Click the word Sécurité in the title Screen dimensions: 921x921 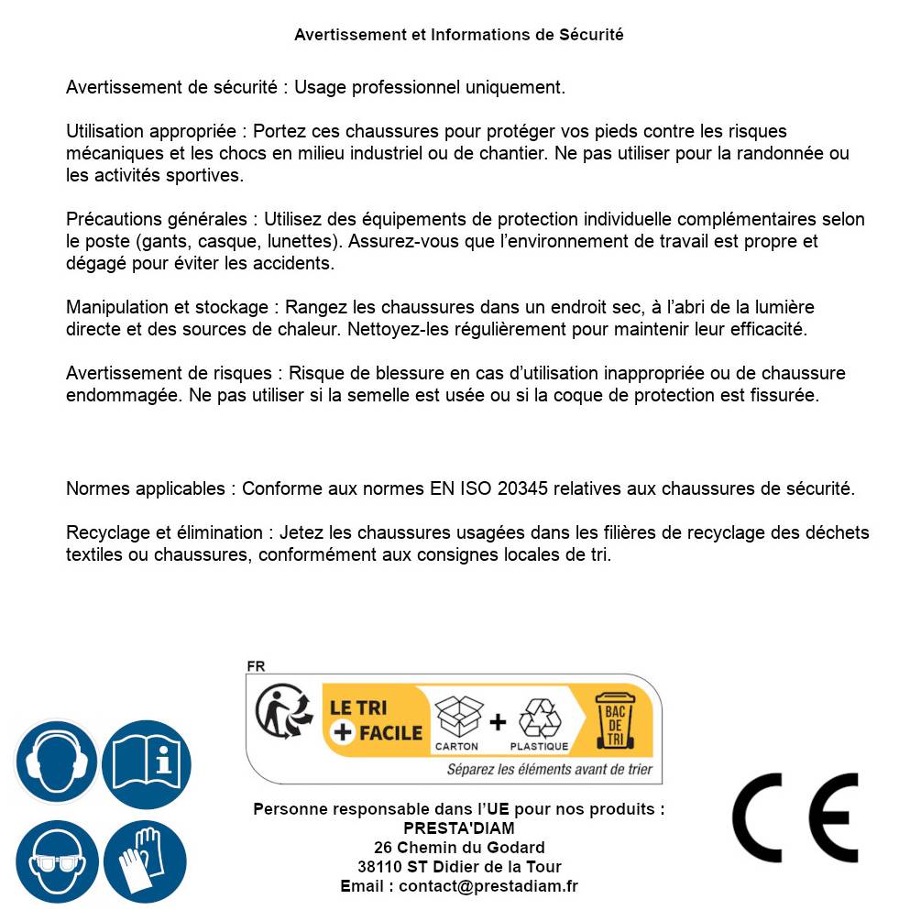591,35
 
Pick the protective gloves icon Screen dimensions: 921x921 145,861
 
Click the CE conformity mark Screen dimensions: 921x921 795,818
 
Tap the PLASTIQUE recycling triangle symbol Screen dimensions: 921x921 539,718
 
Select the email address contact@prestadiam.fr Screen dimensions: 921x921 488,886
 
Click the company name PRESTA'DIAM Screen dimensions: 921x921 458,828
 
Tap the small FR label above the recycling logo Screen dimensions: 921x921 256,666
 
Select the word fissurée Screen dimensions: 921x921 784,396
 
